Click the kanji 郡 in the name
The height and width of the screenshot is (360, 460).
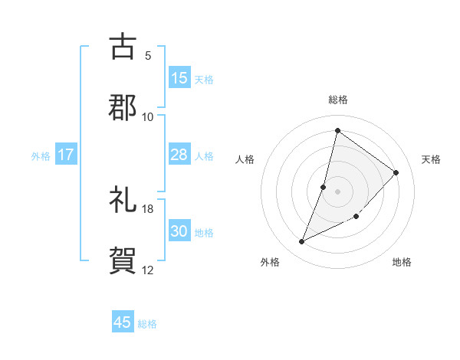click(x=123, y=106)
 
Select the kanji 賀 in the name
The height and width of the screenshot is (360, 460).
click(x=123, y=260)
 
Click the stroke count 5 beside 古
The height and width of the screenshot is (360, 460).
click(x=148, y=55)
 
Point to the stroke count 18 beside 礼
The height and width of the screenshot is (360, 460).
click(x=148, y=208)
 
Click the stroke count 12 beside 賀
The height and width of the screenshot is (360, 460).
click(x=148, y=270)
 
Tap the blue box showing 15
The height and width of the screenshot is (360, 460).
click(x=179, y=78)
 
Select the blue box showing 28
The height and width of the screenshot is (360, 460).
click(x=179, y=155)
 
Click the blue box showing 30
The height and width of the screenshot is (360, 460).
click(x=179, y=231)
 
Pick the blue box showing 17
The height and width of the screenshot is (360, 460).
click(x=66, y=155)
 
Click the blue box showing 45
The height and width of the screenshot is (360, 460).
click(x=123, y=322)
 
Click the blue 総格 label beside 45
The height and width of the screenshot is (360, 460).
click(x=148, y=324)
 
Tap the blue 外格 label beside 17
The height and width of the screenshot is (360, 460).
click(x=41, y=156)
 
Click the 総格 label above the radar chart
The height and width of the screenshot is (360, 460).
click(x=338, y=100)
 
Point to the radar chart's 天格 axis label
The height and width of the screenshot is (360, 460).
click(x=432, y=159)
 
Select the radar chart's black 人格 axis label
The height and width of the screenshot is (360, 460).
click(x=245, y=159)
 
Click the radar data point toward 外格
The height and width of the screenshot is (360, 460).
click(x=302, y=242)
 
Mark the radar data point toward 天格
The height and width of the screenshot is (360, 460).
click(x=396, y=172)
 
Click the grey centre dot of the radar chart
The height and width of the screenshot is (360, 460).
click(x=338, y=191)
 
